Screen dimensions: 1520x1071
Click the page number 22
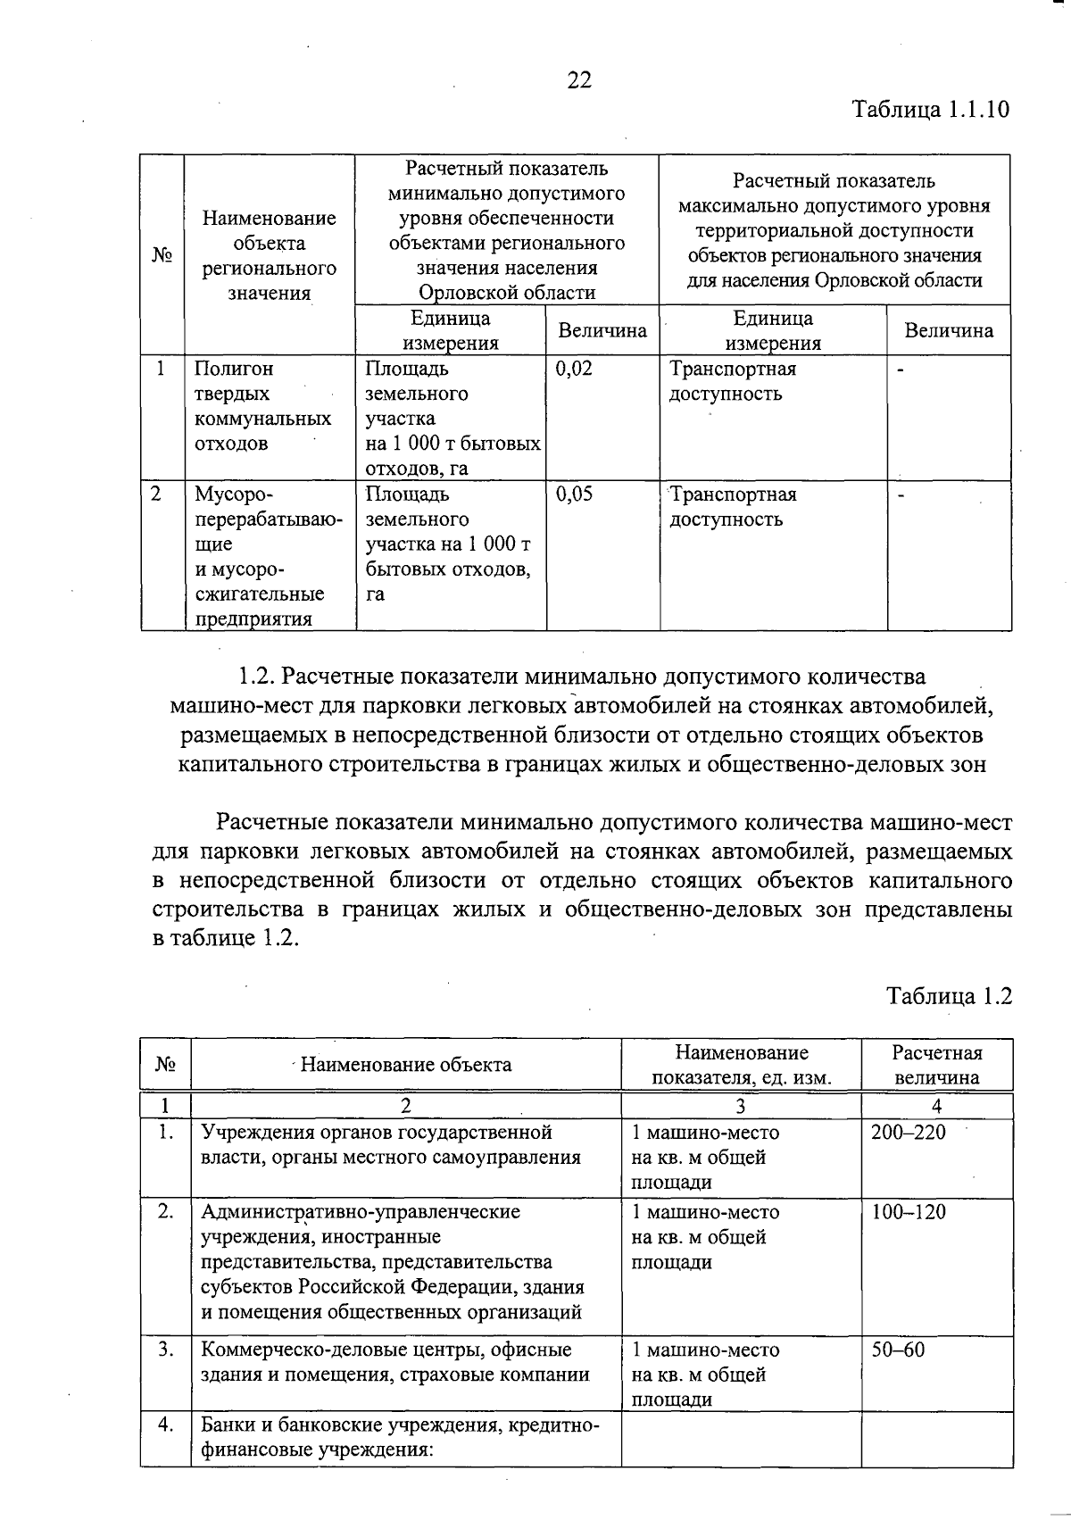click(x=578, y=80)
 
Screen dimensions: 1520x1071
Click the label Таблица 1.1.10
click(x=930, y=110)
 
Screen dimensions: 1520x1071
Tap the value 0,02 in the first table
click(x=574, y=369)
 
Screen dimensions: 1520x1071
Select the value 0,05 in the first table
click(x=574, y=494)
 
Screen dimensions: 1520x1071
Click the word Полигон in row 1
click(x=234, y=369)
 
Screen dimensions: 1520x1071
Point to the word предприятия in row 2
click(x=253, y=619)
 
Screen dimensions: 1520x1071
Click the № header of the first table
click(x=162, y=255)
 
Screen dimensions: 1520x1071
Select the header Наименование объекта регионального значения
click(x=269, y=255)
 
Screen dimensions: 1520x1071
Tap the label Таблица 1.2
click(x=949, y=996)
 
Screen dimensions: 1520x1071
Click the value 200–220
click(x=908, y=1133)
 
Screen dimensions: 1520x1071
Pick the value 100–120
click(x=909, y=1212)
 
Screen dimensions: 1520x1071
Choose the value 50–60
click(x=898, y=1350)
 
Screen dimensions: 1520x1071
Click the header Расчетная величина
click(x=936, y=1065)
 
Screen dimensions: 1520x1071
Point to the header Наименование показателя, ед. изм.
click(x=741, y=1065)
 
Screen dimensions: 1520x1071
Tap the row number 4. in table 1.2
click(x=165, y=1424)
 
